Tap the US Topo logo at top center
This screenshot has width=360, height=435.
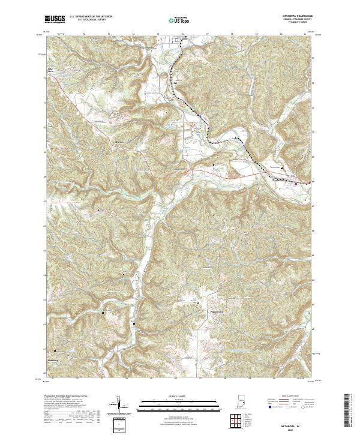click(173, 20)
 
